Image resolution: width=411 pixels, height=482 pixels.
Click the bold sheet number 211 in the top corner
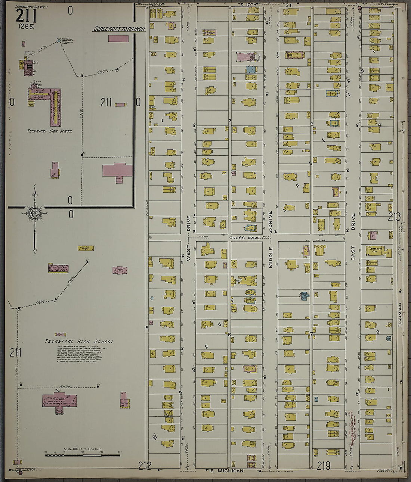[x=26, y=16]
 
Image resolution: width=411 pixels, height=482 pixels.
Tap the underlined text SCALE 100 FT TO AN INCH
[x=119, y=29]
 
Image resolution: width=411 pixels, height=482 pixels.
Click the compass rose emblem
[x=34, y=213]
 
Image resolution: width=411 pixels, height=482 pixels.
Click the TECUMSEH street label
[x=399, y=315]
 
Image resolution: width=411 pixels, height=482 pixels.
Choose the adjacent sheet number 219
[x=324, y=465]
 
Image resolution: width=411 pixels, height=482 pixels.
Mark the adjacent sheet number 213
[x=394, y=217]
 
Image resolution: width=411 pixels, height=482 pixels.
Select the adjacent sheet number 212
[x=145, y=466]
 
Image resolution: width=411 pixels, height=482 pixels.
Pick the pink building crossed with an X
[x=120, y=270]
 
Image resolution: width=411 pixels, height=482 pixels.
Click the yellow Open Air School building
[x=86, y=248]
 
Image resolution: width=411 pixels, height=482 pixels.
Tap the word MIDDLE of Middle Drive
[x=271, y=257]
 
